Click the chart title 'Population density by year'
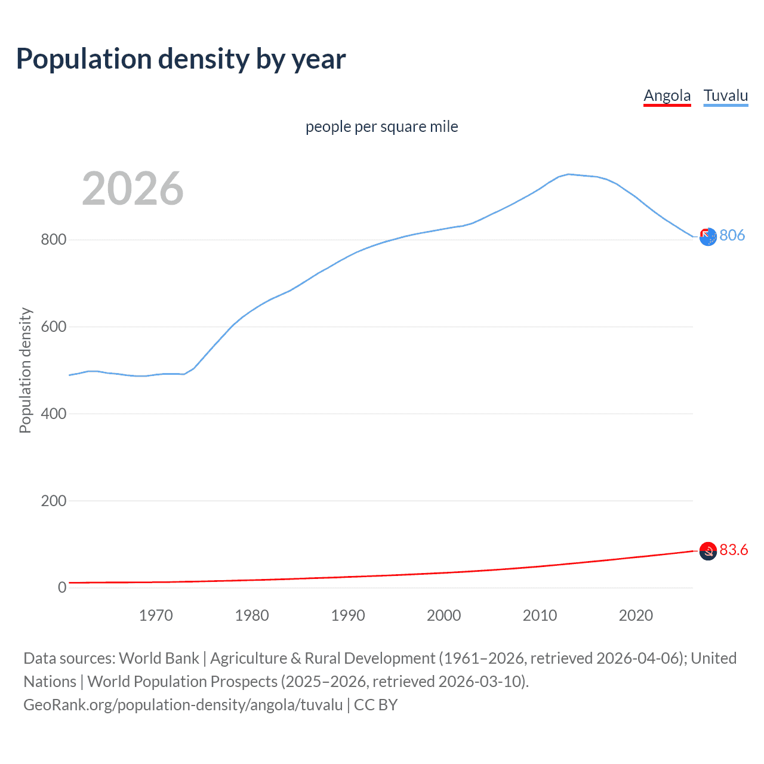[181, 59]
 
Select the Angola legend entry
[667, 95]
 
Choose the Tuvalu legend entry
[725, 95]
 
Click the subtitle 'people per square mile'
[381, 127]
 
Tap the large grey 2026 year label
[133, 189]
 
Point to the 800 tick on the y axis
[53, 240]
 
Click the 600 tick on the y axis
[53, 327]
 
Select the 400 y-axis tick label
[53, 414]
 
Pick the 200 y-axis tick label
[53, 501]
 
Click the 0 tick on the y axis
[62, 588]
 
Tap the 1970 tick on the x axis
[156, 615]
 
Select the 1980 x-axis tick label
[252, 615]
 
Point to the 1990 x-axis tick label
[348, 615]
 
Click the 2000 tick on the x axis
[443, 615]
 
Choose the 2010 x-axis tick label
[540, 615]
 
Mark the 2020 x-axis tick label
[636, 615]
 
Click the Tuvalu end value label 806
[732, 235]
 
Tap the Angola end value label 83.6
[734, 550]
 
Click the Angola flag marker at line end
[708, 551]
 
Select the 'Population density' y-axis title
[25, 370]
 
